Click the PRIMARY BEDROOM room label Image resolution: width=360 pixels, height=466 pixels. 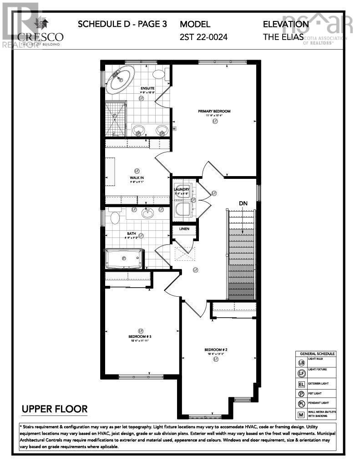pos(214,111)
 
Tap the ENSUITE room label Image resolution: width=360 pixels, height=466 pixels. pos(147,88)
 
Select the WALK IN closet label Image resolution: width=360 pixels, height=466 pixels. pos(137,177)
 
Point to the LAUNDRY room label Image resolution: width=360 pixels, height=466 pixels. pos(184,189)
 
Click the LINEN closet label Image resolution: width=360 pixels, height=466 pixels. pos(184,228)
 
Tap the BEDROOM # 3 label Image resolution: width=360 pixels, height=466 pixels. pos(140,337)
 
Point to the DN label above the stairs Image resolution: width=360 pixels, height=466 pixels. pos(243,203)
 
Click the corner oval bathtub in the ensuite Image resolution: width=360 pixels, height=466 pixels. pos(121,79)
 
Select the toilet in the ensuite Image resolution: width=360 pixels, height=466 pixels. pos(160,75)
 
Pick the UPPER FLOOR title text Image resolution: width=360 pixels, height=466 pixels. pos(54,409)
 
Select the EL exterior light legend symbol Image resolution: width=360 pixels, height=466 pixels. pos(301,384)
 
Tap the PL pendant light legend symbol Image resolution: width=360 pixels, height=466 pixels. pos(301,404)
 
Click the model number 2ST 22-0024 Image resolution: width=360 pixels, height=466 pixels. pos(203,37)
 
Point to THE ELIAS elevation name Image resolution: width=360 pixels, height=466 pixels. pos(283,37)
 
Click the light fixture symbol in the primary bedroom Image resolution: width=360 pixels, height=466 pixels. pos(214,122)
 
